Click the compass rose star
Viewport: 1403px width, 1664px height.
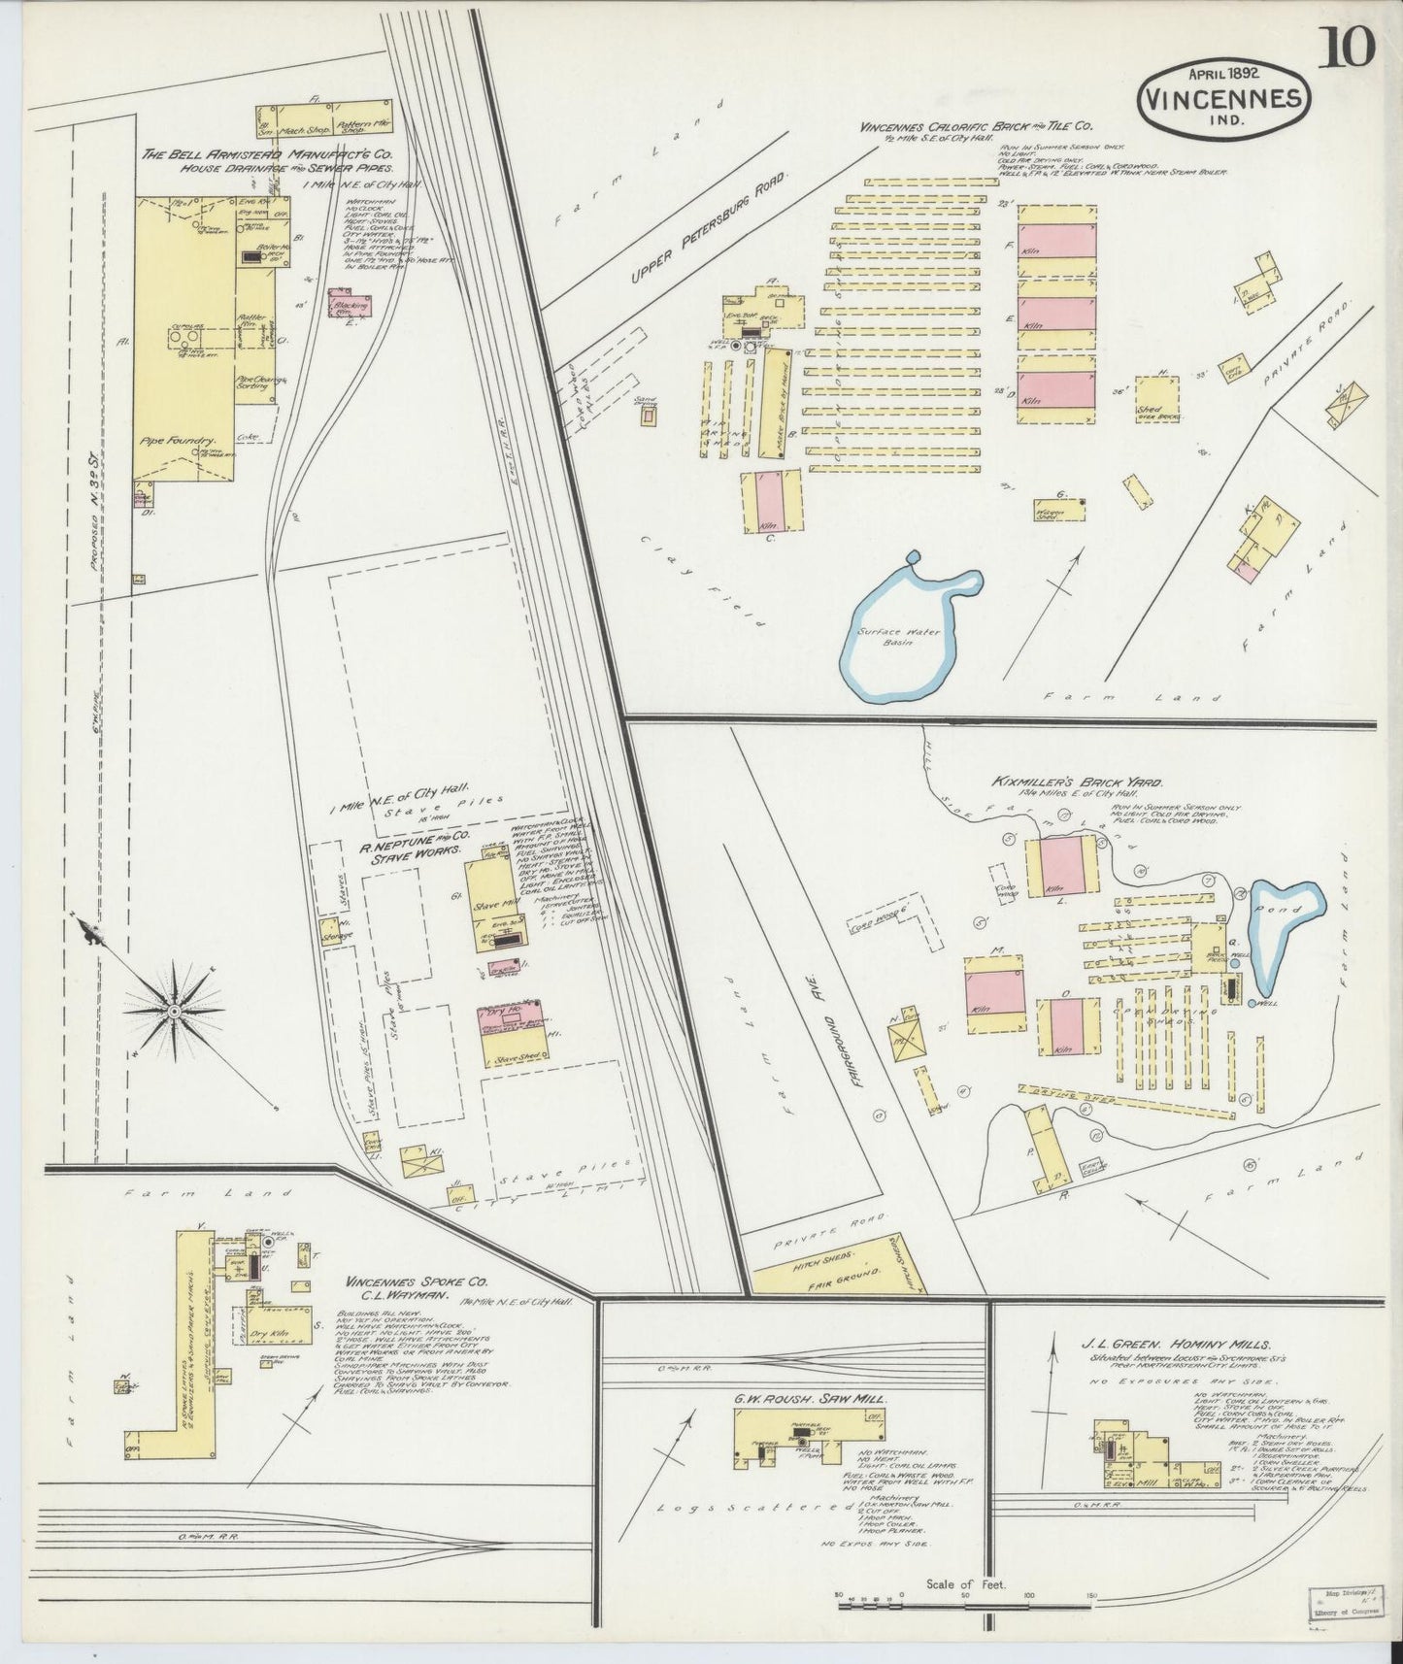[x=173, y=1012]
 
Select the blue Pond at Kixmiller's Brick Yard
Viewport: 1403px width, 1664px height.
[x=1284, y=928]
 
